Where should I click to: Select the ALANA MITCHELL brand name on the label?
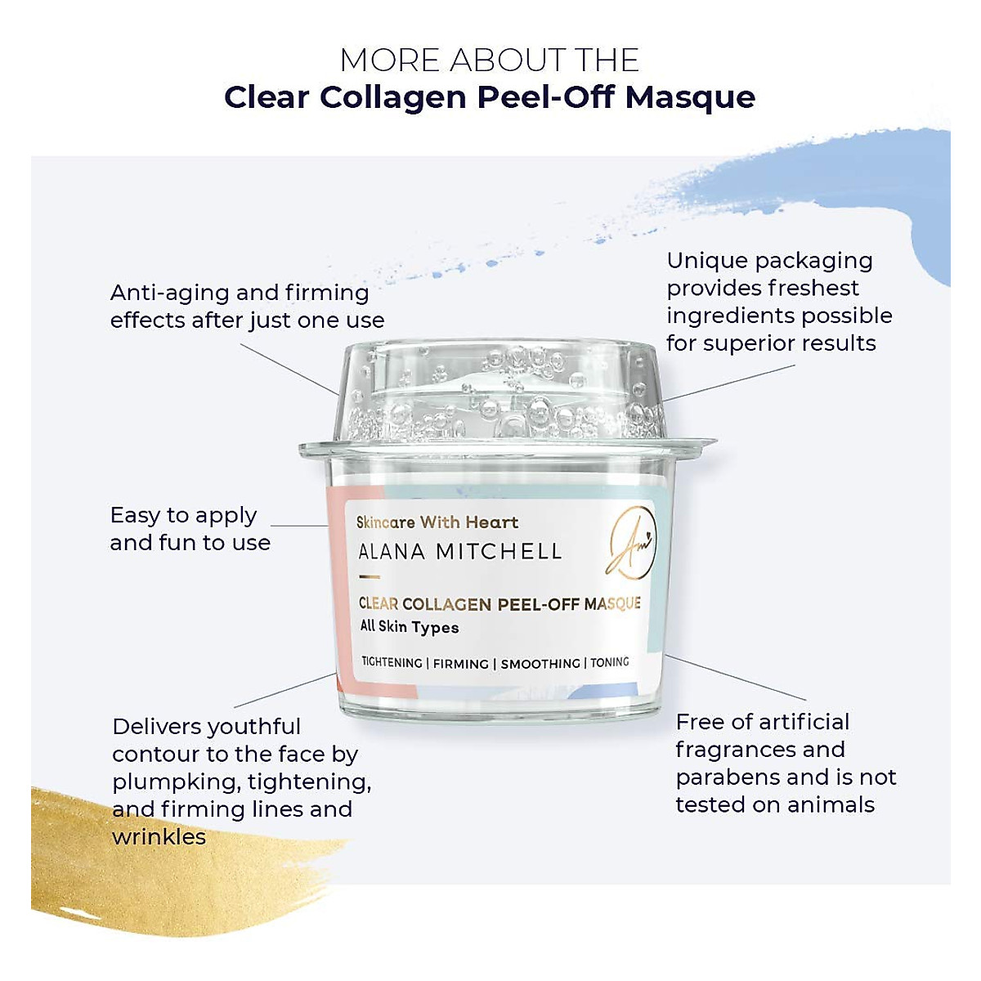pos(460,553)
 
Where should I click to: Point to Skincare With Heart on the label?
pos(437,522)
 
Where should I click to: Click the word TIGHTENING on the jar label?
pos(392,663)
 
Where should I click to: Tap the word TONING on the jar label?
pos(610,662)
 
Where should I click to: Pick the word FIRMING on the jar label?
pos(461,664)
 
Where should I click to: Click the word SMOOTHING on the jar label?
pos(540,664)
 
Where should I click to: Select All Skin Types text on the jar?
pos(410,627)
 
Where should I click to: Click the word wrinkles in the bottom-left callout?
pos(159,837)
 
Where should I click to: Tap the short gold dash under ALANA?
pos(370,577)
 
